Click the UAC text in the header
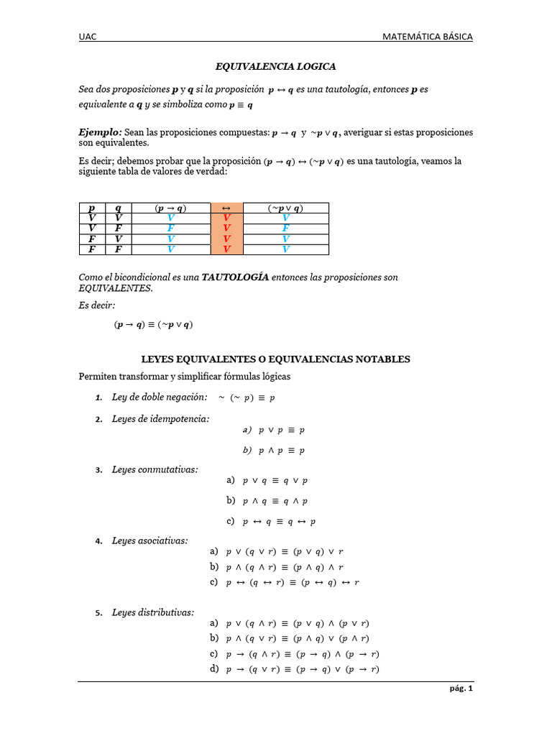87,37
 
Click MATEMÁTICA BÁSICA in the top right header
428,37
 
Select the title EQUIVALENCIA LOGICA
277,67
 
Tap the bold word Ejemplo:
100,133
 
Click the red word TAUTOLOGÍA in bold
235,277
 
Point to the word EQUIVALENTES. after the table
116,287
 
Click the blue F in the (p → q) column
170,228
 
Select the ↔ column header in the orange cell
226,208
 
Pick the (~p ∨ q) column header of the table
285,208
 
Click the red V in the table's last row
226,249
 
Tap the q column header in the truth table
119,208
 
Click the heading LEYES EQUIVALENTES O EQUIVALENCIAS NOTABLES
275,359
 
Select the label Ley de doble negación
160,397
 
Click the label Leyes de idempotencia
161,418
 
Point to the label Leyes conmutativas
155,469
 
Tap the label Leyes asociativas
150,540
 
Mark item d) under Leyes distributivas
213,669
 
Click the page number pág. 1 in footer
461,689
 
